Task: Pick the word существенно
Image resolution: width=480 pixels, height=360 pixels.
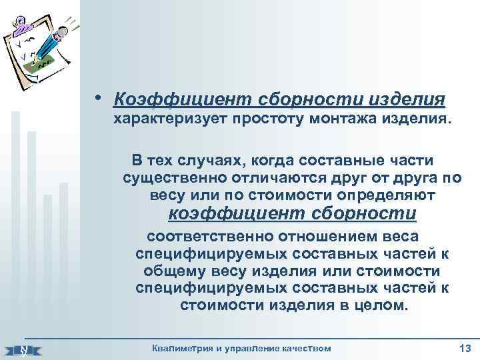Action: [174, 178]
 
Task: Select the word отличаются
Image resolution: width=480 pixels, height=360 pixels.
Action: [281, 178]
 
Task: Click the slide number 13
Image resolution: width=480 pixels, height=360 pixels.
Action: [465, 347]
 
